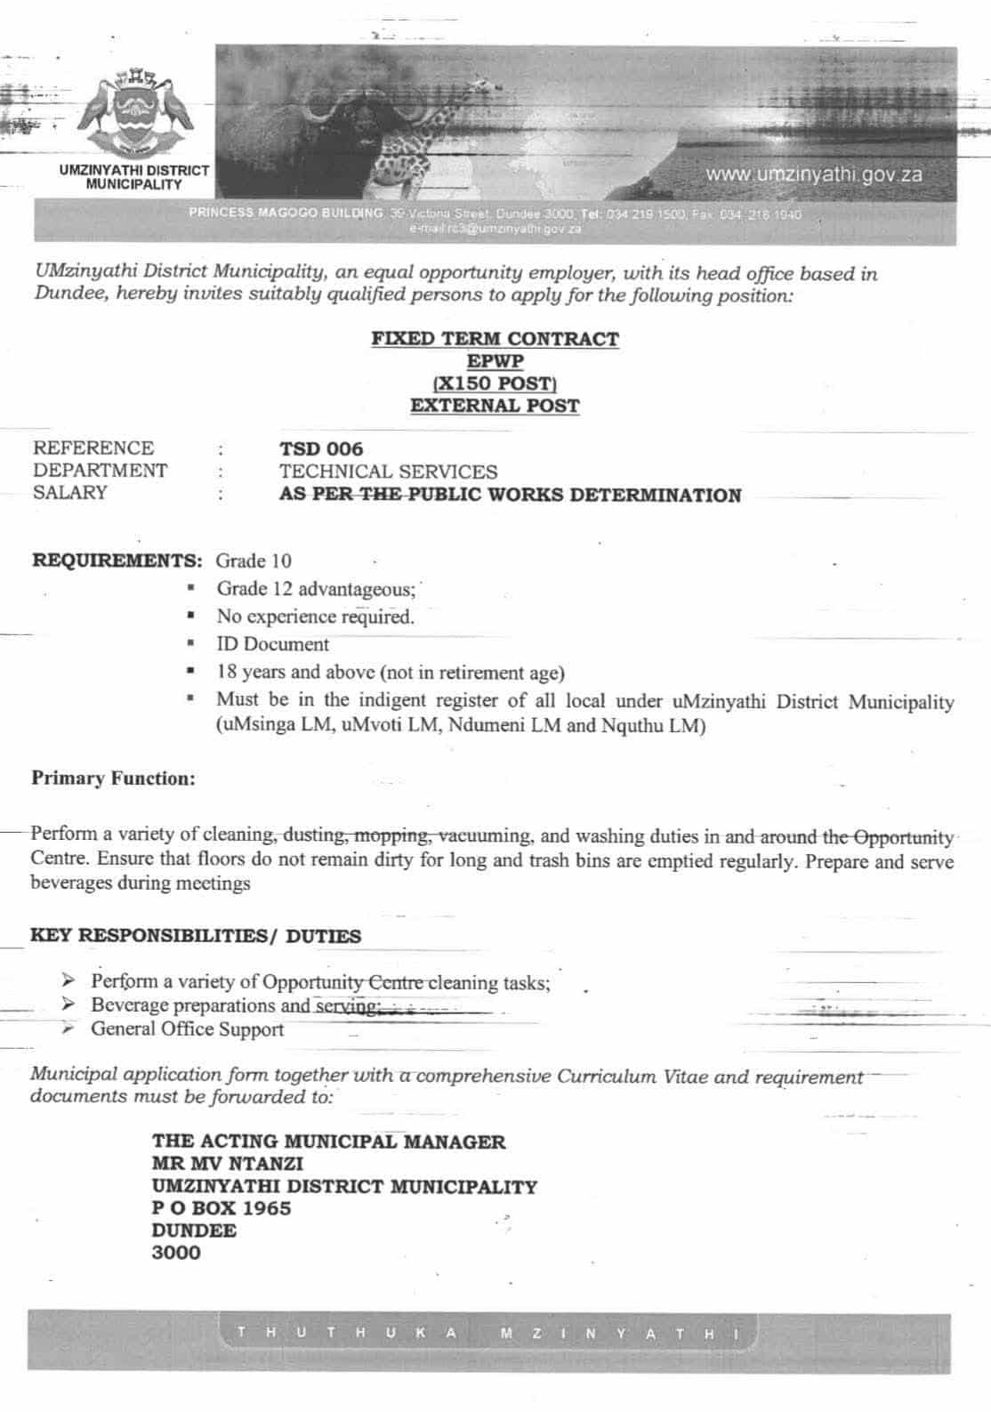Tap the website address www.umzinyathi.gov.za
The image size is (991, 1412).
813,174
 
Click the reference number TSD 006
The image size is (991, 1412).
321,449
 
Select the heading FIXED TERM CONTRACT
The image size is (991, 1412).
495,339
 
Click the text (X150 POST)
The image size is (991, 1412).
495,383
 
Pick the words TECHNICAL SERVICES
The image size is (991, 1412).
388,472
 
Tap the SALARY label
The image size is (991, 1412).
70,493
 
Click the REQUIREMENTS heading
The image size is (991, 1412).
117,561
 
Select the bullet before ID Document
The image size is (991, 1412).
190,643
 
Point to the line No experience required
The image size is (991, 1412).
315,617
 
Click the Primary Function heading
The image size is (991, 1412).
113,779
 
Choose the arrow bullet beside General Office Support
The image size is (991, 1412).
68,1029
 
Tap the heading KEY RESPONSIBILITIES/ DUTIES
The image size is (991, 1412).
196,936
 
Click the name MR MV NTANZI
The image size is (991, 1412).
227,1164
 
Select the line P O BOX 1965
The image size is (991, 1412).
222,1208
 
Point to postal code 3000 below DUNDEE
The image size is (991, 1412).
176,1253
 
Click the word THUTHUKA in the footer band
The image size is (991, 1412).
348,1333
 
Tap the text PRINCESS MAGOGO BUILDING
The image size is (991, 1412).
286,214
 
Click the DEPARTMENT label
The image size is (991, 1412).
100,471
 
